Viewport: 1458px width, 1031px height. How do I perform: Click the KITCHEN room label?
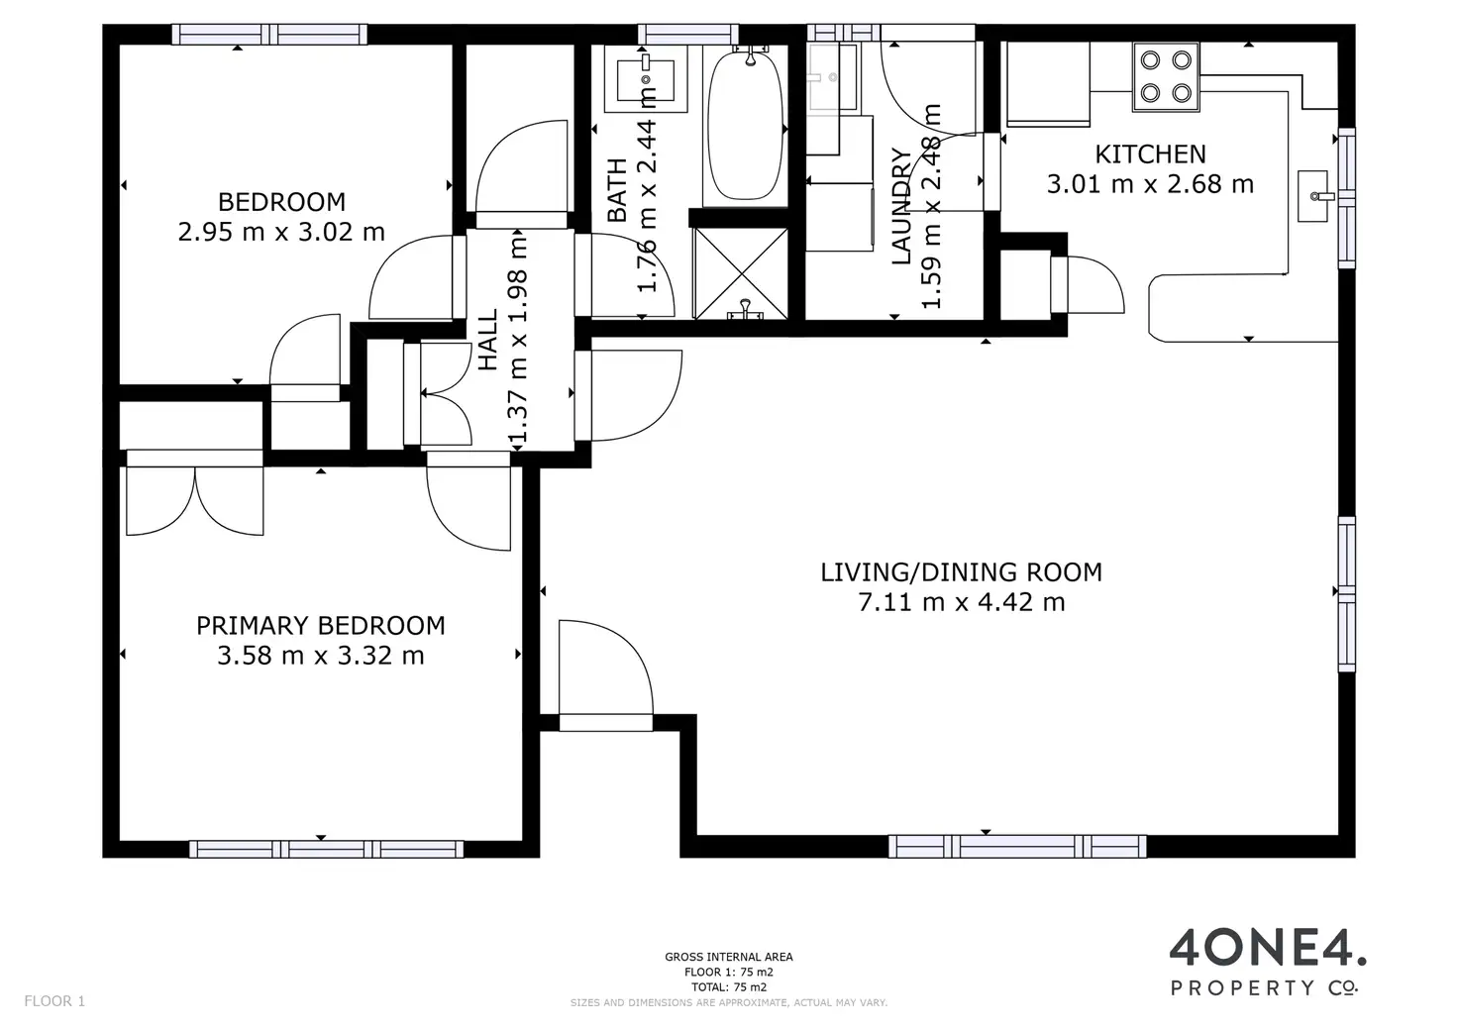coord(1150,155)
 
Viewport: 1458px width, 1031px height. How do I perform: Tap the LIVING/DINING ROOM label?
coord(962,572)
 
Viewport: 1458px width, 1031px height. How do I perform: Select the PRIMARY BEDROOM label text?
coord(321,626)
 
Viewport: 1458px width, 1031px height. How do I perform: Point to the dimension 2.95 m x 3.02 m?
coord(281,232)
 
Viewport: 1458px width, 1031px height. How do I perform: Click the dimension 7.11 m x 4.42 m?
coord(962,602)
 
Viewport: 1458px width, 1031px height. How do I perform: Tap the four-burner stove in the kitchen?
coord(1166,77)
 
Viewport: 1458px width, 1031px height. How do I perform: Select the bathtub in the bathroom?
coord(745,125)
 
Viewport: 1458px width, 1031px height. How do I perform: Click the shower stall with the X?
coord(741,273)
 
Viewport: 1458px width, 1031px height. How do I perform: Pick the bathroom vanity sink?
coord(646,79)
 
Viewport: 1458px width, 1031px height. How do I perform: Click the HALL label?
coord(488,340)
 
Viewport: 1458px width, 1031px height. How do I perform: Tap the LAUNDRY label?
coord(900,206)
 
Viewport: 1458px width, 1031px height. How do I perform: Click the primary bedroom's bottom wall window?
coord(326,849)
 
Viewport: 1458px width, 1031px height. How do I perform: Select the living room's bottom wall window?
coord(1017,846)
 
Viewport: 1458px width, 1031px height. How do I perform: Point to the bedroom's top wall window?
coord(269,34)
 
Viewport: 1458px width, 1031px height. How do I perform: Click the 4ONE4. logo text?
coord(1268,948)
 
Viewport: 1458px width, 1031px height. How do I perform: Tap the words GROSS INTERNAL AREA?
coord(728,957)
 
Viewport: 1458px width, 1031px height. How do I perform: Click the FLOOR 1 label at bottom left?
coord(54,1001)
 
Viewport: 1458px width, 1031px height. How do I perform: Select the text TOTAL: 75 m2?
coord(728,986)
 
